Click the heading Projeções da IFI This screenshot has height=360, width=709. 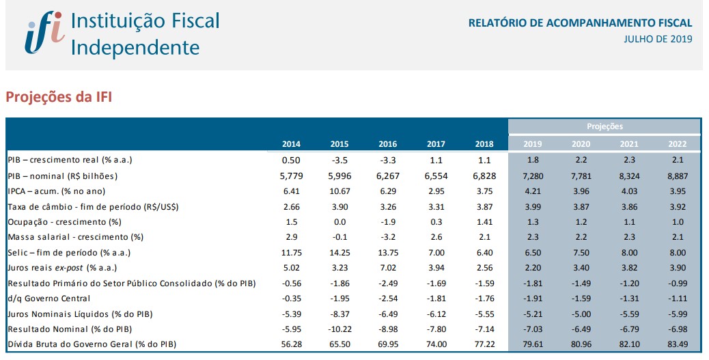click(59, 97)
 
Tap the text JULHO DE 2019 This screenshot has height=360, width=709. click(658, 39)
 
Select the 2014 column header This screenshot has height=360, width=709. click(291, 144)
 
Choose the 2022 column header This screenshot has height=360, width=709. click(676, 144)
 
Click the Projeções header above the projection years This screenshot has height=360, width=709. click(604, 126)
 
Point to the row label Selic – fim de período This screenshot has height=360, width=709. click(70, 253)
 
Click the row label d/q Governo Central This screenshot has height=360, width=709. click(49, 298)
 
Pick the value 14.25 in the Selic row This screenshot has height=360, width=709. click(339, 253)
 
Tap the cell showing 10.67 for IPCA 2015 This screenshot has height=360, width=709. click(339, 191)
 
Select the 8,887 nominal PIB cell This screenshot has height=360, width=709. click(676, 176)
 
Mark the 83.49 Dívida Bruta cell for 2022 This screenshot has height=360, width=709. click(676, 344)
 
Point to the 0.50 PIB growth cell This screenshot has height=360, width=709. click(291, 160)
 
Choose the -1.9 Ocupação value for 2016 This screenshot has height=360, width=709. click(387, 221)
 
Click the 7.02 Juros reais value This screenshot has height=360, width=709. click(387, 268)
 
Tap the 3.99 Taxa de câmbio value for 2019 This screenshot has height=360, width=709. click(532, 206)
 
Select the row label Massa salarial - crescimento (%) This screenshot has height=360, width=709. click(76, 237)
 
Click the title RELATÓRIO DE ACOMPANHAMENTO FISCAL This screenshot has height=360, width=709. click(580, 23)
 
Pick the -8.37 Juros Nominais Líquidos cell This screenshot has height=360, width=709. click(339, 314)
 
